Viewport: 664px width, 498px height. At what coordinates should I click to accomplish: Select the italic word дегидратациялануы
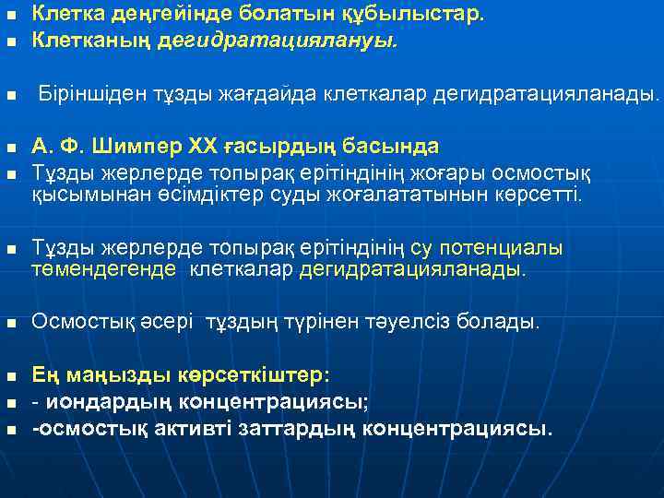coord(277,41)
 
